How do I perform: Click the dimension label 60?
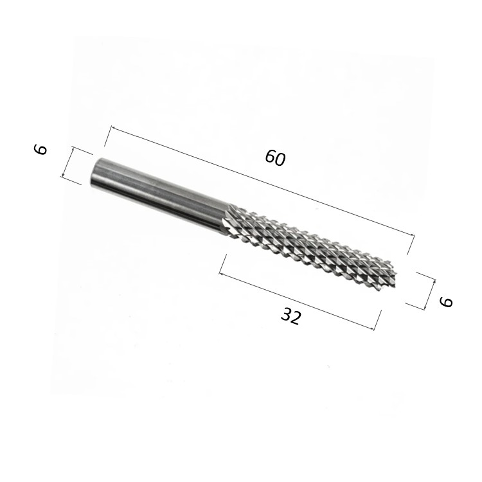coord(276,157)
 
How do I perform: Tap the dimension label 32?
coord(290,316)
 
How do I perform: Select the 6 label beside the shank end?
coord(40,150)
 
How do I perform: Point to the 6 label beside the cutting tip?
coord(447,301)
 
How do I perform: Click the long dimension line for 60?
coord(262,181)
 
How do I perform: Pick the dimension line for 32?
coord(297,301)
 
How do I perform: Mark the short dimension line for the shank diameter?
coord(67,163)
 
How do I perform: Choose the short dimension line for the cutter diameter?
coord(430,294)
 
